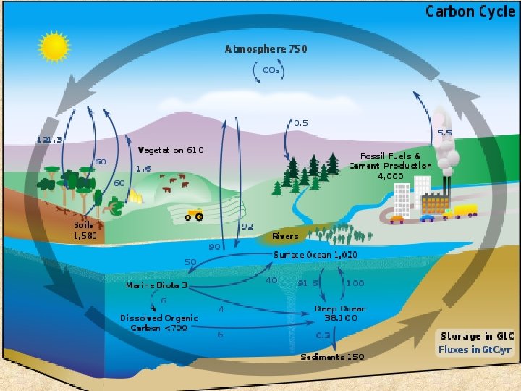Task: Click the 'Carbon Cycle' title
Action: (470, 11)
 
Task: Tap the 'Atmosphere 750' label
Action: (266, 49)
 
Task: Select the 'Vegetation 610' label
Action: (171, 150)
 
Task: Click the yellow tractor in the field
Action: (195, 214)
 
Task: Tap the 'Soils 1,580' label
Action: (85, 230)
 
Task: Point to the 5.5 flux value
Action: (445, 133)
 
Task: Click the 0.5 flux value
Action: (301, 123)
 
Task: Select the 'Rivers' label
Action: (285, 236)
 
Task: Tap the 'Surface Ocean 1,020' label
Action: (315, 255)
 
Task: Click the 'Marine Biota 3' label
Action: (156, 285)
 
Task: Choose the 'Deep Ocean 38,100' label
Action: (340, 313)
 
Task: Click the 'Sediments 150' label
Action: (332, 357)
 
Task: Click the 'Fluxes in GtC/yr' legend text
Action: (474, 349)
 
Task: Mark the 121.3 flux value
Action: (49, 139)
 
